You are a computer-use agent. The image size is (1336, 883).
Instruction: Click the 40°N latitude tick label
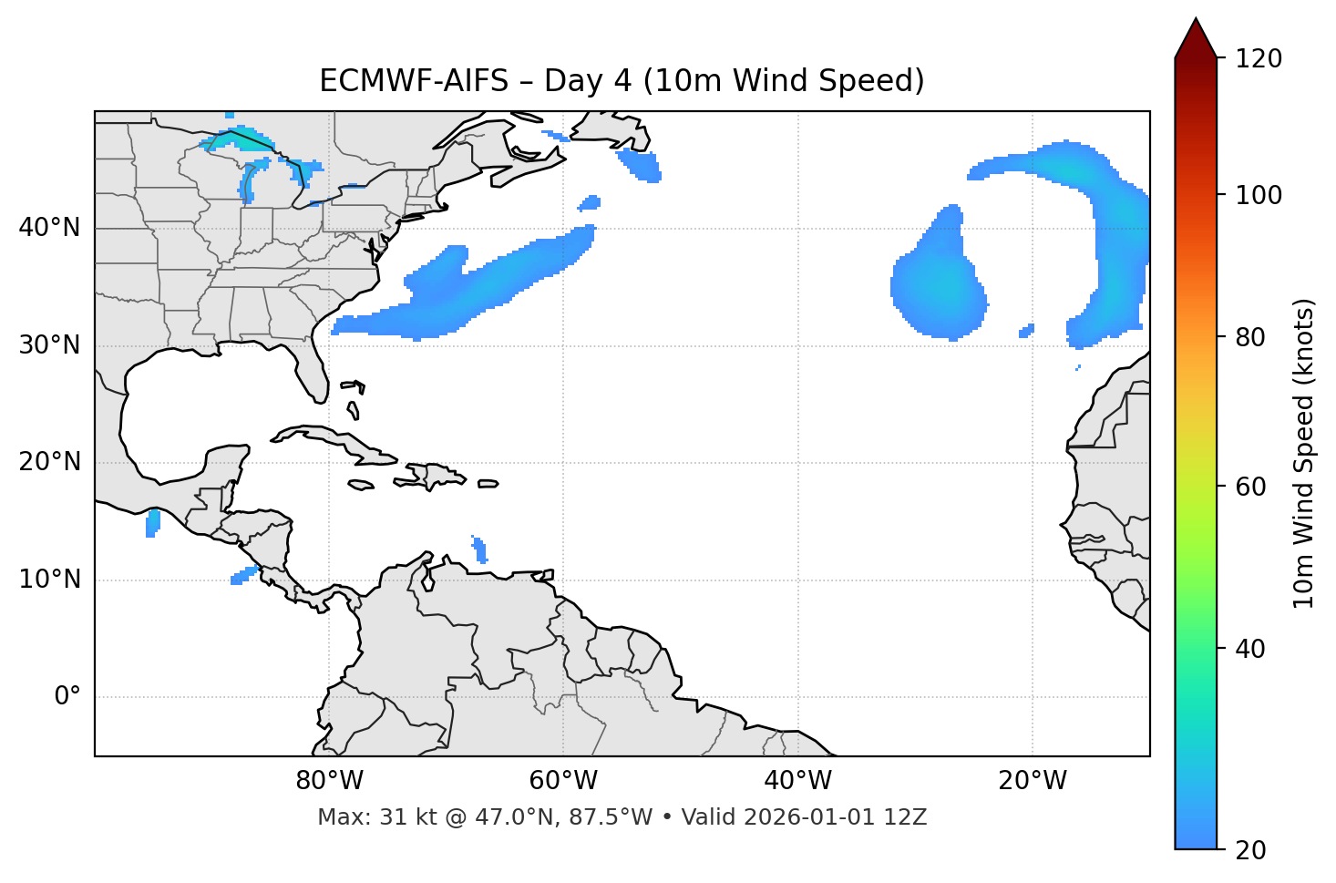[x=49, y=228]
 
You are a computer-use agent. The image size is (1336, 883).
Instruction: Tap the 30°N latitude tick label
[x=49, y=345]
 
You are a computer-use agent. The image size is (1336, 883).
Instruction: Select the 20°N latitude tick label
[x=49, y=462]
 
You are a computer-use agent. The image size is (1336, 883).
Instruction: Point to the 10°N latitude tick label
[x=49, y=580]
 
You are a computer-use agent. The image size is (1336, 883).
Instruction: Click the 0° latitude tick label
[x=67, y=697]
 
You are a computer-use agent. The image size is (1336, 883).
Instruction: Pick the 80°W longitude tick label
[x=329, y=781]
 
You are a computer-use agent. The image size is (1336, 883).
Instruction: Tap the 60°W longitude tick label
[x=563, y=781]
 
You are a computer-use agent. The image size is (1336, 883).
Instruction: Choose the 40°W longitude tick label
[x=797, y=781]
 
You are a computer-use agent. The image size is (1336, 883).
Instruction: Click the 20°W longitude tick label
[x=1032, y=781]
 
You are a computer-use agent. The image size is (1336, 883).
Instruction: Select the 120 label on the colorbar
[x=1259, y=59]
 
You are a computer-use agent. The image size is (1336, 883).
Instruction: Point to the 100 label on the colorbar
[x=1259, y=195]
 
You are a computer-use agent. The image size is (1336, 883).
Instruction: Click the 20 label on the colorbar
[x=1251, y=850]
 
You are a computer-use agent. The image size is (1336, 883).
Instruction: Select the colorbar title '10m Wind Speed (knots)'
[x=1304, y=454]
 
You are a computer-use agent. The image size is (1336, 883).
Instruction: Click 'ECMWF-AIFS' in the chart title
[x=413, y=81]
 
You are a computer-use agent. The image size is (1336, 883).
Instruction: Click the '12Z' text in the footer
[x=908, y=817]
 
